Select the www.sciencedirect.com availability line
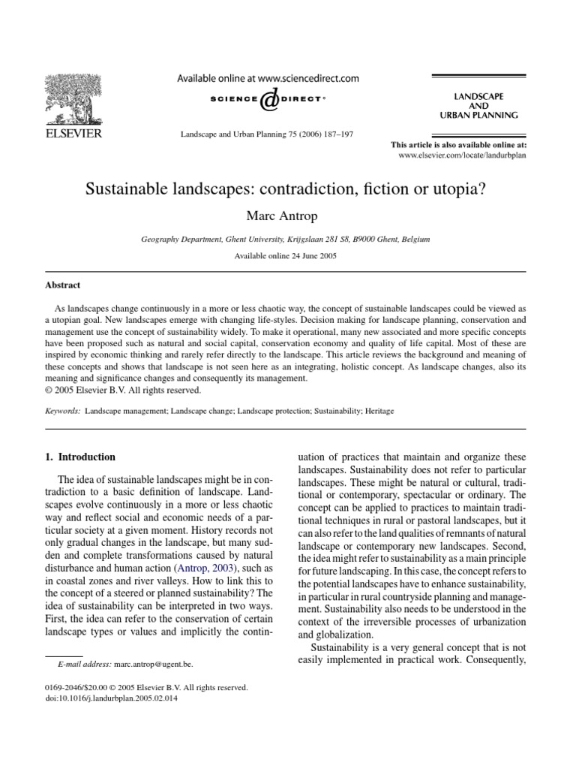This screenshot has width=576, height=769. pyautogui.click(x=267, y=78)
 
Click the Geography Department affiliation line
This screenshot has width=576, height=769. pyautogui.click(x=286, y=239)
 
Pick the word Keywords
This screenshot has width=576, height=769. pyautogui.click(x=64, y=412)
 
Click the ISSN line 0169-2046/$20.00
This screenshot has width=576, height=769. pyautogui.click(x=79, y=687)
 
